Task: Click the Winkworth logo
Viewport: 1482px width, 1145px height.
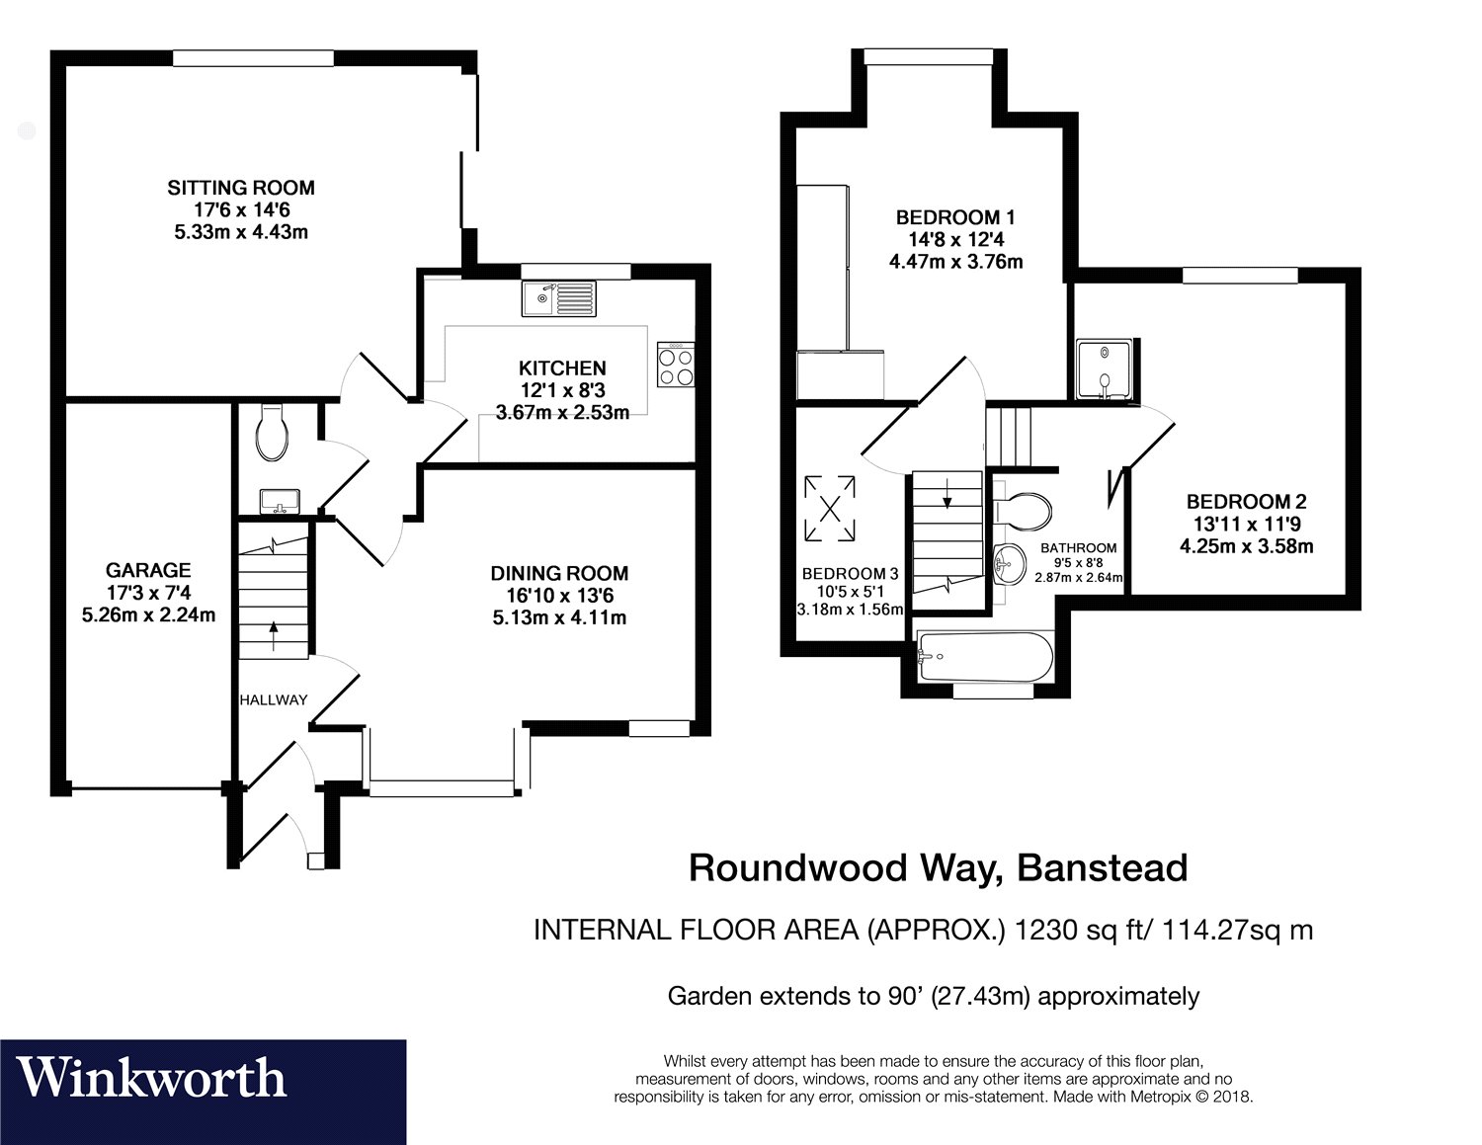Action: [153, 1077]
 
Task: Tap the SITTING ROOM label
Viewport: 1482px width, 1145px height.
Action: [240, 188]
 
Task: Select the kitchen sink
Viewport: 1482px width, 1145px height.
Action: [558, 297]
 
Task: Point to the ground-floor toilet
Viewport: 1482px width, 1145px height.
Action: [271, 435]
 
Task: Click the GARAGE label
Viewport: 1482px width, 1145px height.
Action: [148, 570]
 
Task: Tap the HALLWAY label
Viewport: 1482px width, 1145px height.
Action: [274, 699]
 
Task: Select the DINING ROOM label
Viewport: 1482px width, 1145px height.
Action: [559, 573]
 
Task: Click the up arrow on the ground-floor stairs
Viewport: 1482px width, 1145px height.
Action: [274, 628]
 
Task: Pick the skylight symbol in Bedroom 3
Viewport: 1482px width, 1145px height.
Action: [831, 508]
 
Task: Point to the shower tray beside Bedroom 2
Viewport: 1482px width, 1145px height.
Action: [1105, 370]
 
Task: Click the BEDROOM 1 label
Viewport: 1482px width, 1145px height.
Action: [955, 217]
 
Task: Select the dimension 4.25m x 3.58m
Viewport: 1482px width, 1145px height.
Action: [1247, 545]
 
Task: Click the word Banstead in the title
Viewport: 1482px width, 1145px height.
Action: [1102, 867]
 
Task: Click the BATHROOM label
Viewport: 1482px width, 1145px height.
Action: [1079, 547]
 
